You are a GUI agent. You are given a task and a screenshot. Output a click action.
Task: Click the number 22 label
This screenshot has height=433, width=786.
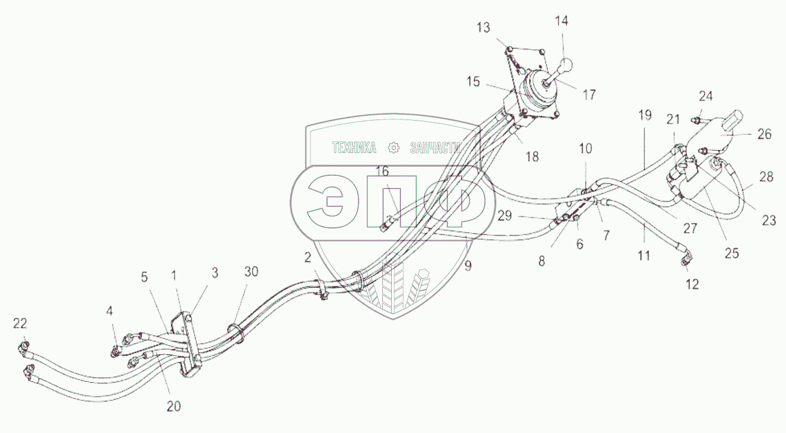21,323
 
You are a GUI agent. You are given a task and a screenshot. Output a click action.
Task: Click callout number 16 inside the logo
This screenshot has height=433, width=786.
382,171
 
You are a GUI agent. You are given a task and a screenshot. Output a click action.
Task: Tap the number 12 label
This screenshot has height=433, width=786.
692,284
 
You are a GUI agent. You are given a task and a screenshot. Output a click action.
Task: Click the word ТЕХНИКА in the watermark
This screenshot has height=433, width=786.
354,147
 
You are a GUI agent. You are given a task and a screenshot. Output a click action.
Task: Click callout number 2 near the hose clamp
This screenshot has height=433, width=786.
307,257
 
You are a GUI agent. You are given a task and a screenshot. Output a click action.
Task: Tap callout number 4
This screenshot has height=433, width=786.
109,311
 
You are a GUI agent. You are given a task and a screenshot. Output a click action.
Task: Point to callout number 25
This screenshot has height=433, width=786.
732,253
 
